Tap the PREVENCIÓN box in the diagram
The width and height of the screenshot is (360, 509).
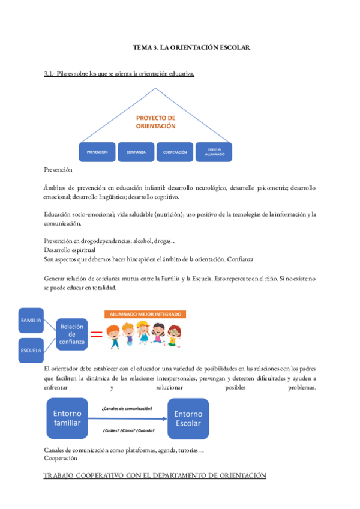click(x=97, y=152)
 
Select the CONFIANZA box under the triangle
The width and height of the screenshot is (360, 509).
click(x=136, y=152)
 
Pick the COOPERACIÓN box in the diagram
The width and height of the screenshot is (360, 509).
click(x=175, y=152)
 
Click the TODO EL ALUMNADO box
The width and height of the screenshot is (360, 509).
click(x=215, y=152)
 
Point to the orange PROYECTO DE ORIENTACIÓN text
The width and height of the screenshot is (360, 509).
click(x=155, y=122)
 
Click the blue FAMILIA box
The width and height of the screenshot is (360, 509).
click(x=31, y=321)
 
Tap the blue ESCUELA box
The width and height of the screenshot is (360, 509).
click(x=31, y=350)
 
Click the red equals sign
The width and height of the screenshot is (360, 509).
click(x=97, y=334)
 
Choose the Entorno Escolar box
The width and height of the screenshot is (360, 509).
click(x=188, y=418)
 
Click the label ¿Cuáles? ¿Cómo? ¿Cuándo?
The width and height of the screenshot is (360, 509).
click(x=127, y=430)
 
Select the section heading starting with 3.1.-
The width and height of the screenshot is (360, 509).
click(x=119, y=74)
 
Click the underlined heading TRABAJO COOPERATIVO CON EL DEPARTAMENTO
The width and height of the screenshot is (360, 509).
click(x=155, y=475)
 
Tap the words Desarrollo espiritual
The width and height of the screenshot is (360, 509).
click(x=70, y=250)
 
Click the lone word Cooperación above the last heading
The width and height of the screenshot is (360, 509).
click(x=61, y=459)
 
